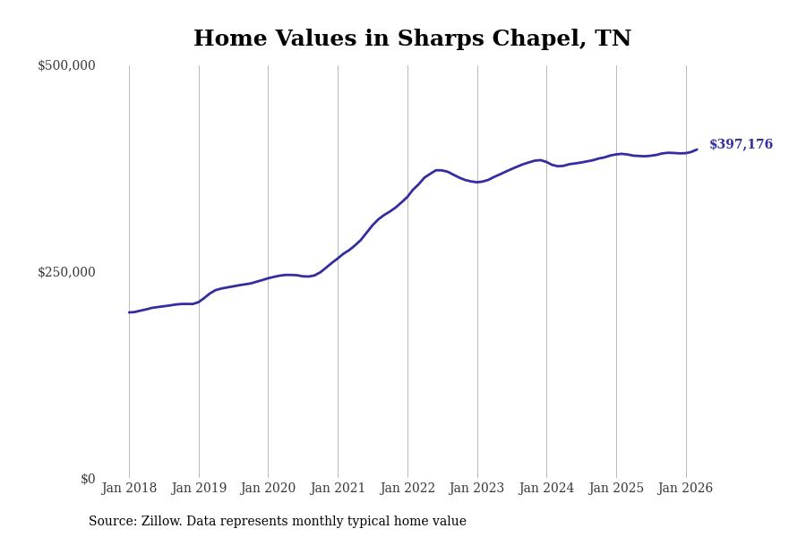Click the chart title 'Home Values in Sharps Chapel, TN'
(x=412, y=39)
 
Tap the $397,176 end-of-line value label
(x=741, y=145)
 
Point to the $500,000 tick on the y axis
(x=66, y=65)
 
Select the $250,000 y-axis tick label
(x=66, y=272)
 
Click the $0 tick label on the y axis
(x=88, y=479)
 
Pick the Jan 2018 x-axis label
(x=129, y=489)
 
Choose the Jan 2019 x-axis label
(x=199, y=489)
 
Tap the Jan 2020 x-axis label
(x=268, y=489)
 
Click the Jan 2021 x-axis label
(x=338, y=489)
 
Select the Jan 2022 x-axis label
(x=407, y=489)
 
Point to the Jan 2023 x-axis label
(x=476, y=489)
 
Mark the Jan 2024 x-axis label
(x=546, y=489)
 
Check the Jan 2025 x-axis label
(x=616, y=489)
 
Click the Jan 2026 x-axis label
(x=685, y=489)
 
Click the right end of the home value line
(x=697, y=149)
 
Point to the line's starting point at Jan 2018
(x=129, y=312)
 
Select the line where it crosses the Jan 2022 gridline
(x=407, y=195)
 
